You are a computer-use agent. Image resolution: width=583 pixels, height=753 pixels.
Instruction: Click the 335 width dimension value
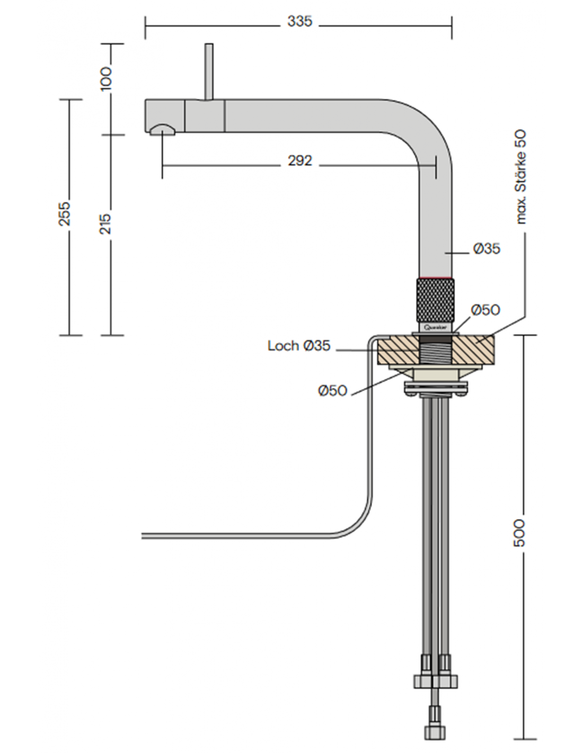[x=299, y=22]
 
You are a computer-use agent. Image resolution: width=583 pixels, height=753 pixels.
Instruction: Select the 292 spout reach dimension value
[x=300, y=161]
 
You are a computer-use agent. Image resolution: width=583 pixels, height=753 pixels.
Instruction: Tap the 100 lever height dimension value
[x=106, y=78]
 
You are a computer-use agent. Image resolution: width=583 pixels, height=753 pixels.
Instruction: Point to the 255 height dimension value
[x=65, y=214]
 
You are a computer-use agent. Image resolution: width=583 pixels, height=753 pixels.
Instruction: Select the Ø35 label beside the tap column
[x=487, y=249]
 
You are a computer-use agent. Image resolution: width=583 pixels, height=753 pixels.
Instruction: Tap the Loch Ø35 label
[x=299, y=345]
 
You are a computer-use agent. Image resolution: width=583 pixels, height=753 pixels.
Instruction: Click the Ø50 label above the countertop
[x=485, y=310]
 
